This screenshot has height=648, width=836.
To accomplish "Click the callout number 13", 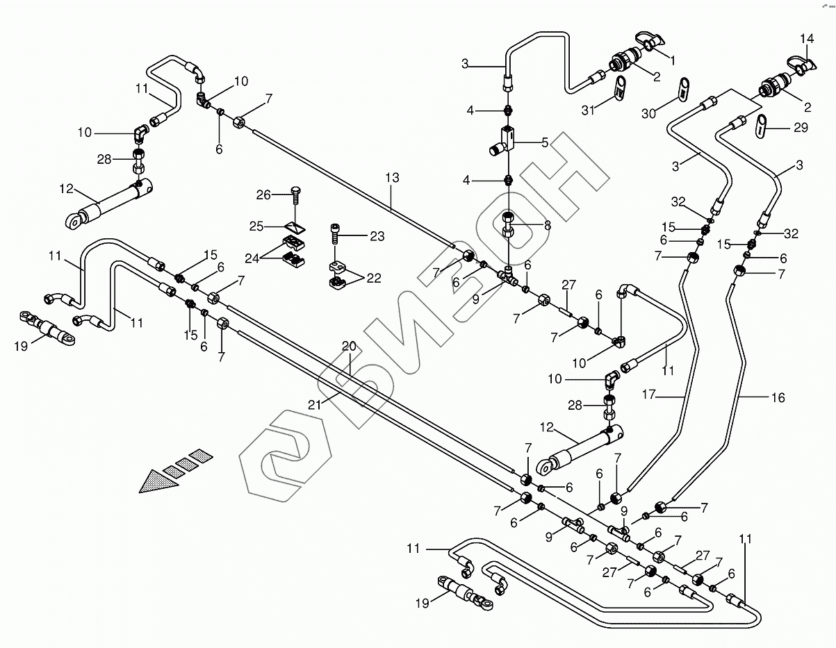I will click(x=392, y=178).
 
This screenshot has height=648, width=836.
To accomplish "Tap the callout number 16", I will click(x=778, y=397).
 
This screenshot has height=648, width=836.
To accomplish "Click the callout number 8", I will click(x=547, y=224).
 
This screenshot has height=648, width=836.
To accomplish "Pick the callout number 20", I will click(x=348, y=346).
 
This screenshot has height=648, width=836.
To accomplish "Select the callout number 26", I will click(x=263, y=195).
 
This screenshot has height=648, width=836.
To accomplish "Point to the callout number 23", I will click(x=377, y=236).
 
